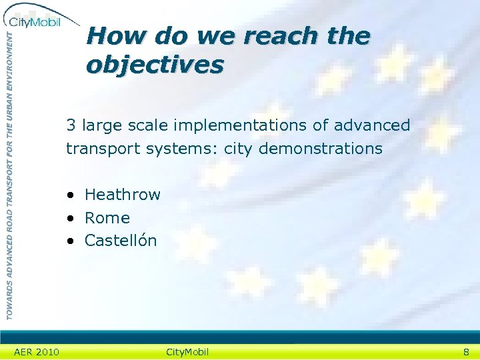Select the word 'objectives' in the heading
pyautogui.click(x=155, y=65)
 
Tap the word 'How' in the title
pyautogui.click(x=110, y=35)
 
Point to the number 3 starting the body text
pyautogui.click(x=70, y=125)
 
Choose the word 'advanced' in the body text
pyautogui.click(x=372, y=125)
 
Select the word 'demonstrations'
pyautogui.click(x=321, y=148)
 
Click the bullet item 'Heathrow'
pyautogui.click(x=123, y=195)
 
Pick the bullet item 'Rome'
pyautogui.click(x=107, y=218)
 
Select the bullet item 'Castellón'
pyautogui.click(x=121, y=241)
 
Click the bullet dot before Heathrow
pyautogui.click(x=70, y=195)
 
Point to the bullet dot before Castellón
pyautogui.click(x=70, y=241)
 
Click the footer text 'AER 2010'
pyautogui.click(x=37, y=352)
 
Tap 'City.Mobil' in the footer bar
pyautogui.click(x=187, y=352)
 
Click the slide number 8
pyautogui.click(x=467, y=352)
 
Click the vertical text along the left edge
pyautogui.click(x=9, y=173)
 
